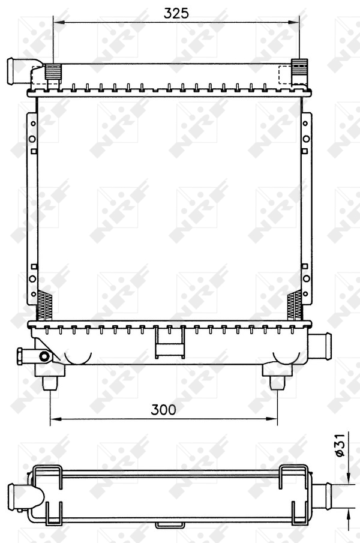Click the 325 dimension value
coord(176,13)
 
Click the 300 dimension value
coord(163,410)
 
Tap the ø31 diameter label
coord(341,445)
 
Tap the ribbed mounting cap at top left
coord(53,73)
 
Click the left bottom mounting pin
coord(50,383)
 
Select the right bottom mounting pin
coord(277,383)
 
